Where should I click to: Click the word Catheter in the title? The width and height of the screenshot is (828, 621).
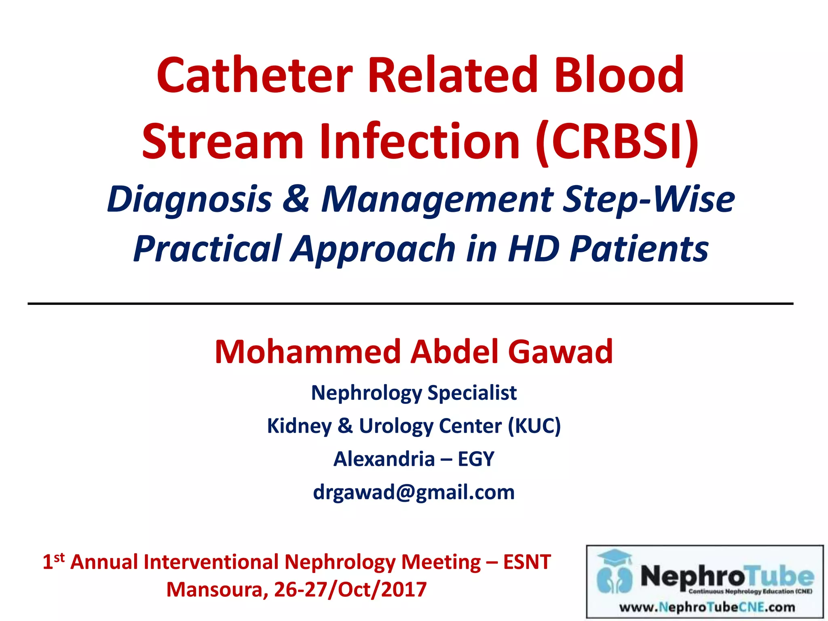point(255,76)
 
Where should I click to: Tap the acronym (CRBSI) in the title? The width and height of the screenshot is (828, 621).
point(617,142)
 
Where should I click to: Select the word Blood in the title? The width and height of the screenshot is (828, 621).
point(619,76)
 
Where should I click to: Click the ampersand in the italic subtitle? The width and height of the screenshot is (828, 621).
point(296,199)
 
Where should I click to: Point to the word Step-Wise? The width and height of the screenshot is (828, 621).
point(649,199)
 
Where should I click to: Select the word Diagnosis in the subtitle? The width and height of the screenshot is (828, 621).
point(189,199)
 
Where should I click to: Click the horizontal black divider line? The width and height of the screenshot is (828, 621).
point(410,303)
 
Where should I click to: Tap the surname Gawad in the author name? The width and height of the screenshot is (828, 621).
point(560,352)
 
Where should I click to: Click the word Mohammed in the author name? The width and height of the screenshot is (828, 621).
point(307,352)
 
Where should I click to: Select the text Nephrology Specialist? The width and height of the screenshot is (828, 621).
point(414,393)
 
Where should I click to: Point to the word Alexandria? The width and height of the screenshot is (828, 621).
point(384,459)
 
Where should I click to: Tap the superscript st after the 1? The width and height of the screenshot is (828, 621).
point(59,557)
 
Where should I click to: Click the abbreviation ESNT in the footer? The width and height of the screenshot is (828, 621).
point(527,562)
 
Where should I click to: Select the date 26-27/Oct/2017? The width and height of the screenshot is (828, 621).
point(350,589)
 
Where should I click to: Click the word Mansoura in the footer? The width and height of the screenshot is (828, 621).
point(216,589)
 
